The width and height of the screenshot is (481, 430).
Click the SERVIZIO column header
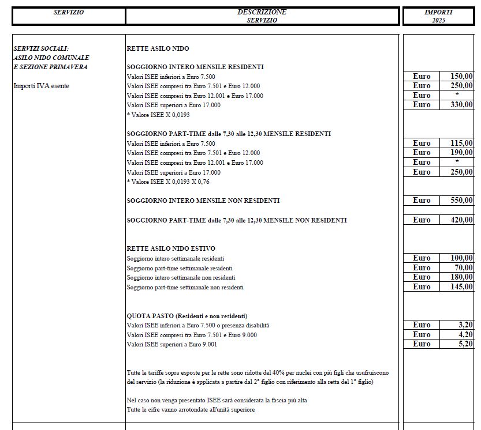pyautogui.click(x=69, y=12)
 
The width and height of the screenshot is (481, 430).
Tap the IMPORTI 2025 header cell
pyautogui.click(x=438, y=16)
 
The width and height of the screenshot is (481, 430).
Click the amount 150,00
pyautogui.click(x=461, y=77)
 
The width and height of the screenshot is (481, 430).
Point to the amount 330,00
pyautogui.click(x=461, y=105)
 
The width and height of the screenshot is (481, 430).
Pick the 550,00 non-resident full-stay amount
pyautogui.click(x=461, y=201)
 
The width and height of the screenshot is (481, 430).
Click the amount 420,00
pyautogui.click(x=461, y=220)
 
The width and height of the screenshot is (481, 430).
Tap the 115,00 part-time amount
pyautogui.click(x=461, y=144)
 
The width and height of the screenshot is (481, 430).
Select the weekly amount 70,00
pyautogui.click(x=464, y=268)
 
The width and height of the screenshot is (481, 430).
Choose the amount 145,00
pyautogui.click(x=461, y=287)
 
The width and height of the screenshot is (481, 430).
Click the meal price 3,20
pyautogui.click(x=465, y=325)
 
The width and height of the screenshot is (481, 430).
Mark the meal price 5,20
pyautogui.click(x=465, y=344)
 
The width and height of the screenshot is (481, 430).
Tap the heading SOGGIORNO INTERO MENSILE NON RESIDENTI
pyautogui.click(x=203, y=201)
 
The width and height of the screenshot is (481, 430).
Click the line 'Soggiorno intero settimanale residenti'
pyautogui.click(x=176, y=258)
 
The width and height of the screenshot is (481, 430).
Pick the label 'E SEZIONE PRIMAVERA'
pyautogui.click(x=50, y=67)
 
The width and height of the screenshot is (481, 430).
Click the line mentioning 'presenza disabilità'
pyautogui.click(x=198, y=326)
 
